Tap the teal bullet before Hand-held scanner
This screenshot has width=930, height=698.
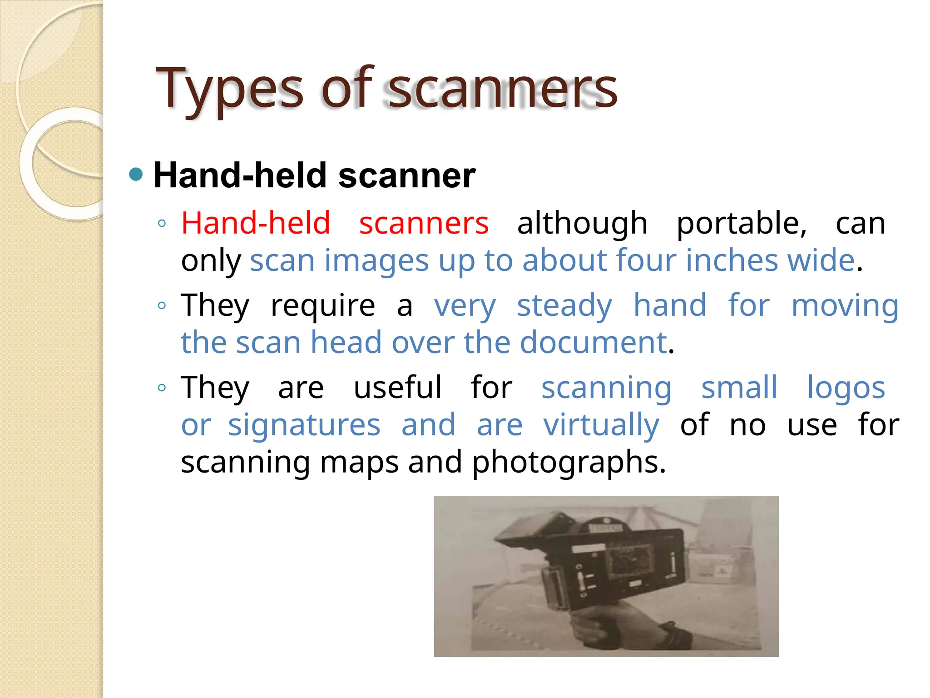pyautogui.click(x=136, y=174)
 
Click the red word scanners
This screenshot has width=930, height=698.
pyautogui.click(x=424, y=223)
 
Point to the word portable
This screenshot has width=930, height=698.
pyautogui.click(x=742, y=223)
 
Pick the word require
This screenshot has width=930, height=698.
pyautogui.click(x=323, y=305)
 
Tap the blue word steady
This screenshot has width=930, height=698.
pyautogui.click(x=564, y=305)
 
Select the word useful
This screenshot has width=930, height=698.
pyautogui.click(x=397, y=388)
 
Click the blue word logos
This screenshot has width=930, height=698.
pyautogui.click(x=846, y=388)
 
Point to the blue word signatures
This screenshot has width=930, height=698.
pyautogui.click(x=304, y=425)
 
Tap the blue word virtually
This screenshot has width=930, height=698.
pyautogui.click(x=601, y=425)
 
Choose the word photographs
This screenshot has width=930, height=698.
pyautogui.click(x=569, y=462)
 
